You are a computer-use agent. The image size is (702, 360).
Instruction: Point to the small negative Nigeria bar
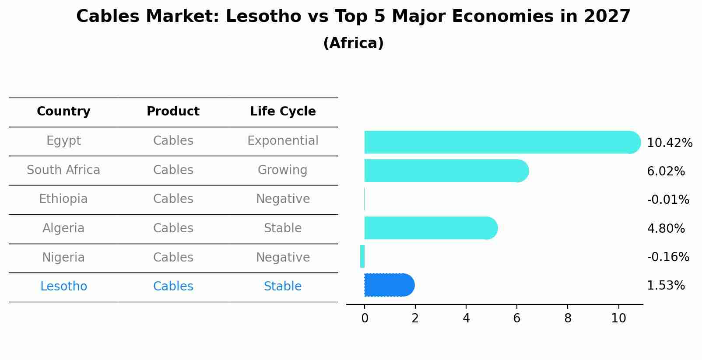pyautogui.click(x=362, y=256)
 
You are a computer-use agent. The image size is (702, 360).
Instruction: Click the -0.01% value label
pyautogui.click(x=668, y=200)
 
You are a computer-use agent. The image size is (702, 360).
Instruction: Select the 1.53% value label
pyautogui.click(x=665, y=286)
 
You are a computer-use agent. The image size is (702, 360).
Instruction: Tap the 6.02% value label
pyautogui.click(x=665, y=171)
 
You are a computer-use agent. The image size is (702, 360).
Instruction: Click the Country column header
pyautogui.click(x=63, y=112)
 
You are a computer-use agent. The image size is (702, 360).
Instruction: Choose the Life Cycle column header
pyautogui.click(x=283, y=112)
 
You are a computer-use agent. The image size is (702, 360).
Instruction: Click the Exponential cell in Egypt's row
pyautogui.click(x=283, y=141)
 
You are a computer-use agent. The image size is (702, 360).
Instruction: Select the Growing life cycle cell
pyautogui.click(x=283, y=170)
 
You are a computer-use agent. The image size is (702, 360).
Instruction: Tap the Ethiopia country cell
pyautogui.click(x=63, y=199)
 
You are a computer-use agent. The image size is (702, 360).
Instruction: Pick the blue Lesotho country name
pyautogui.click(x=63, y=287)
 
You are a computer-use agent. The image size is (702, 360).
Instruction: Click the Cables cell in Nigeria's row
pyautogui.click(x=173, y=257)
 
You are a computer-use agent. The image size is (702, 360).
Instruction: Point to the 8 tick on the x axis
pyautogui.click(x=568, y=318)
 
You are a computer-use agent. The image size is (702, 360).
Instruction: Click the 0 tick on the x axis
pyautogui.click(x=365, y=318)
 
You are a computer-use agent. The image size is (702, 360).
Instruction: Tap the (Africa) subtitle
pyautogui.click(x=353, y=43)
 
